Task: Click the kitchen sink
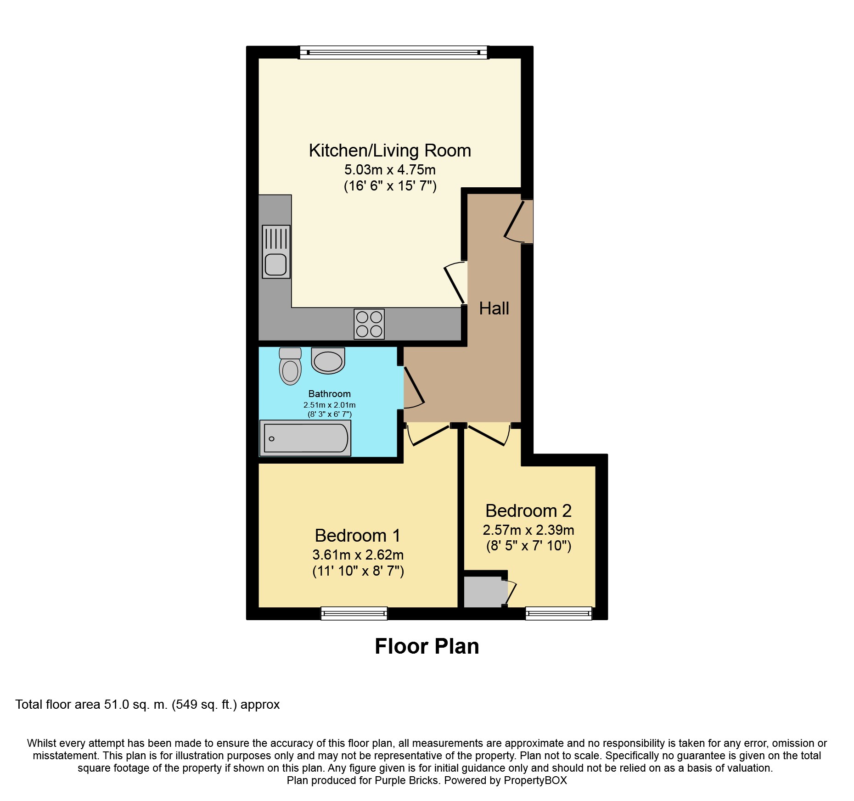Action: coord(276,252)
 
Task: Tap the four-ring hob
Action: coord(369,324)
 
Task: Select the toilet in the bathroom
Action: coord(290,366)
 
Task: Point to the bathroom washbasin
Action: coord(328,360)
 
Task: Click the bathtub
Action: coord(305,438)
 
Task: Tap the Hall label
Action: coord(494,308)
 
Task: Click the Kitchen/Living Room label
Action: coord(390,151)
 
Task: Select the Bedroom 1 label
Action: coord(358,536)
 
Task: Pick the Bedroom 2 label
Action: coord(528,511)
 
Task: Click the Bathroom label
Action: coord(330,394)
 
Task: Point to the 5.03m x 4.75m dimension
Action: coord(390,170)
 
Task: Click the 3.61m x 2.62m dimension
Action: coord(358,555)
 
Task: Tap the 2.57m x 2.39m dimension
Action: coord(528,530)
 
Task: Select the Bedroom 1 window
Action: coord(354,613)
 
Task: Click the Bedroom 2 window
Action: coord(559,613)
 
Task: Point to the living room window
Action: coord(394,52)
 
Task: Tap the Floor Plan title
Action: coord(427,646)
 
